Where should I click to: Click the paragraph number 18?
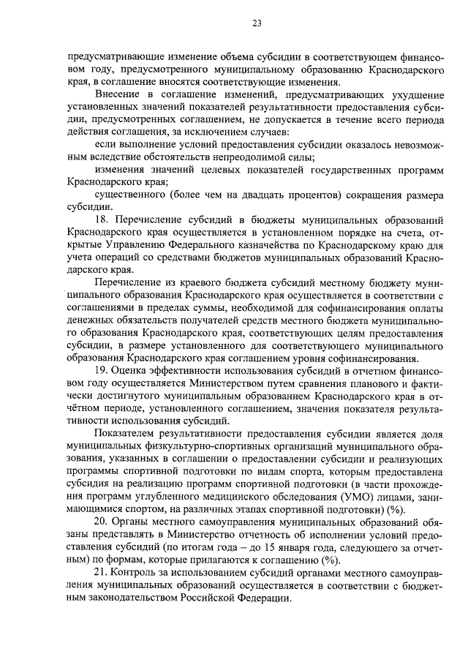103,219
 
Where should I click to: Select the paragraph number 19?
103,370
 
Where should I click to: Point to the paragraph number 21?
102,571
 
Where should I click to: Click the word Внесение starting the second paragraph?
119,94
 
